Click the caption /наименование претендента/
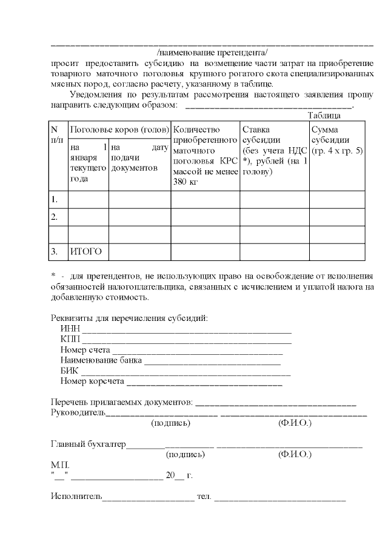pyautogui.click(x=211, y=52)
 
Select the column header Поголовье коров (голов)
pyautogui.click(x=118, y=130)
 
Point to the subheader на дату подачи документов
pyautogui.click(x=139, y=157)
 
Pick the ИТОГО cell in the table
pyautogui.click(x=85, y=251)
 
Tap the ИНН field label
pyautogui.click(x=70, y=329)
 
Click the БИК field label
pyautogui.click(x=70, y=371)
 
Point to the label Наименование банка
pyautogui.click(x=101, y=360)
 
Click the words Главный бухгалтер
pyautogui.click(x=88, y=444)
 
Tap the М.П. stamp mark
pyautogui.click(x=60, y=464)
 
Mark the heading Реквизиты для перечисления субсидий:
pyautogui.click(x=129, y=319)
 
